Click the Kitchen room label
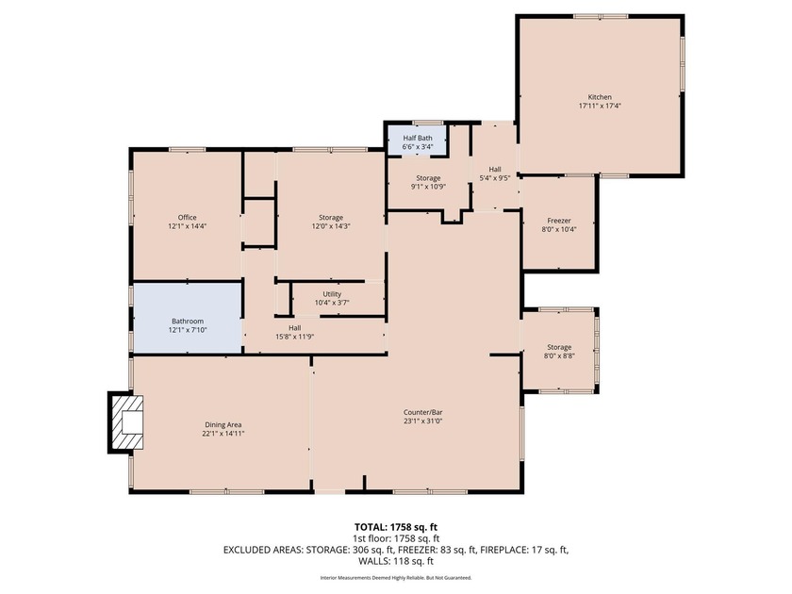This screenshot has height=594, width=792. click(600, 97)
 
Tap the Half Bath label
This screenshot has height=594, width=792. click(418, 138)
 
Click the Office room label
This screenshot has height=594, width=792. click(187, 218)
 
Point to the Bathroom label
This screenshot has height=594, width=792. click(187, 322)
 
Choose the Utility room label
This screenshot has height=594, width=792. click(331, 294)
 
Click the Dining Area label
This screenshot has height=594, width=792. click(223, 425)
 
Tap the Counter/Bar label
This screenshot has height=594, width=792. click(423, 412)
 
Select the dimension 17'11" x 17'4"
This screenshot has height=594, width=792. click(600, 107)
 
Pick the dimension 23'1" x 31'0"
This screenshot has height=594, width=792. click(423, 421)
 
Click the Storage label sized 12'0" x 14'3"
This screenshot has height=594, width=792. click(331, 218)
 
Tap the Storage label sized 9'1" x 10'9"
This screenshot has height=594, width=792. click(428, 177)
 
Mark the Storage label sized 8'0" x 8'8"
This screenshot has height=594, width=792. click(559, 348)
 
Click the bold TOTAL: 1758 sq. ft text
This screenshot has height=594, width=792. click(395, 527)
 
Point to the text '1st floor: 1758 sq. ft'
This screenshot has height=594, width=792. click(395, 537)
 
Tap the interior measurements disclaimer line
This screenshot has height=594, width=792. click(395, 578)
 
